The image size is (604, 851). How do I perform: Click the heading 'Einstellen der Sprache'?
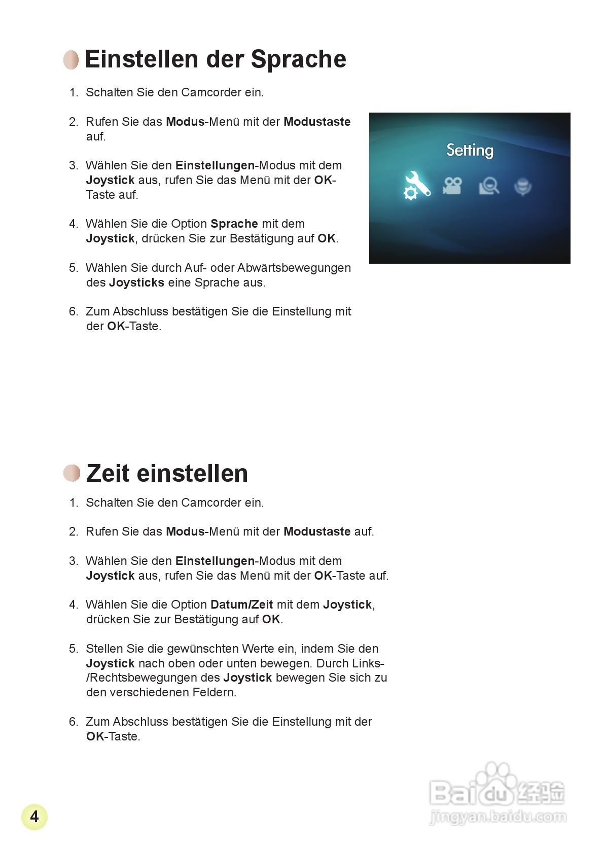pos(216,59)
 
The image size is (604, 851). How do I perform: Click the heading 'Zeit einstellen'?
pos(167,473)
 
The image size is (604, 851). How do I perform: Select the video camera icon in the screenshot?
pos(452,186)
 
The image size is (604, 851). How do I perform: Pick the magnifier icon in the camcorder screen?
pos(489,186)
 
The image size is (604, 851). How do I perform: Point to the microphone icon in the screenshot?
pos(523,187)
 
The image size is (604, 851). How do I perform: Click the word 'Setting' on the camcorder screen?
pos(470,150)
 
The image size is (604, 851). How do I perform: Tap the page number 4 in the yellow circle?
pos(34,817)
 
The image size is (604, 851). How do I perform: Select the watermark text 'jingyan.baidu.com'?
pos(498,817)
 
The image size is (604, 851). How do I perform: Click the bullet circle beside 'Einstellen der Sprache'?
pos(72,60)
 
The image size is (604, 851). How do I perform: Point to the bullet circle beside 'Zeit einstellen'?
pos(72,473)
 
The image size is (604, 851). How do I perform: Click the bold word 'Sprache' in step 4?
pos(234,224)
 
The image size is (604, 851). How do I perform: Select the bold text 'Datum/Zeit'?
pos(241,605)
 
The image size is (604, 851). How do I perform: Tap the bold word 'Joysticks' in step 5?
pos(136,282)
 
